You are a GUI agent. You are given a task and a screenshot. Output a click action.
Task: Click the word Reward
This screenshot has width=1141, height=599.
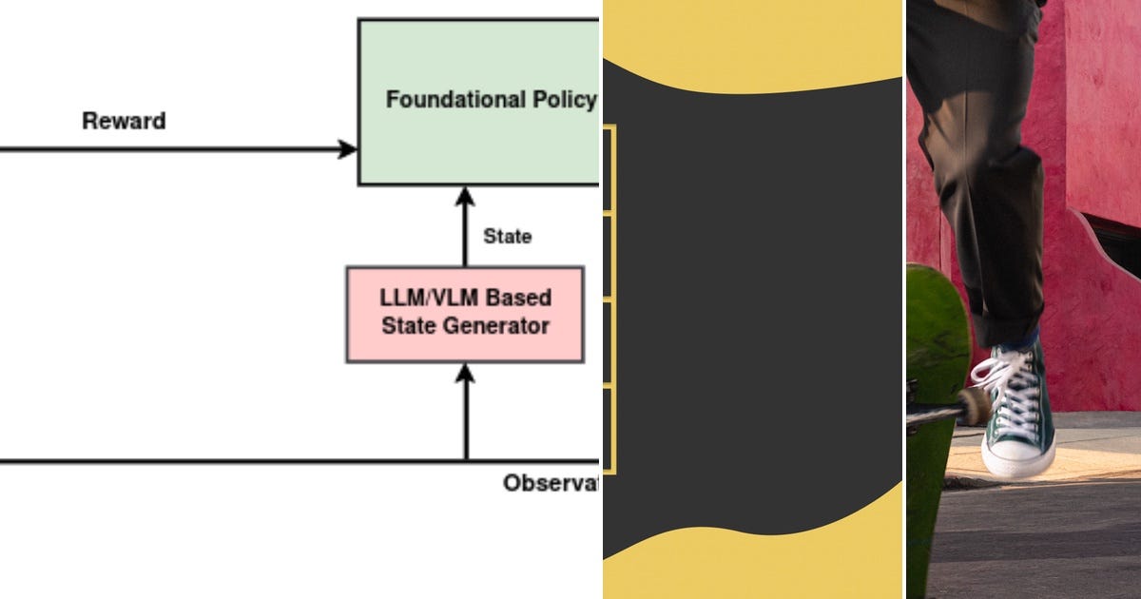point(124,122)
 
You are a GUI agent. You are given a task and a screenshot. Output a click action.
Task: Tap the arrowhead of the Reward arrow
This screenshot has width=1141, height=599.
point(349,149)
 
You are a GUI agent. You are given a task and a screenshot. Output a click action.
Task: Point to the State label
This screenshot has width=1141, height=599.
point(507,237)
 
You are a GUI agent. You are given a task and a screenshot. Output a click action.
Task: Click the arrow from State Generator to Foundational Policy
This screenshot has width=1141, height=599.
point(465,228)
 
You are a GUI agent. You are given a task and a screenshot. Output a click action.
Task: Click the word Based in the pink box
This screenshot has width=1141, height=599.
point(519,298)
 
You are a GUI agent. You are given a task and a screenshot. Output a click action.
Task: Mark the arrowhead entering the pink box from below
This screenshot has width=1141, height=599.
point(465,372)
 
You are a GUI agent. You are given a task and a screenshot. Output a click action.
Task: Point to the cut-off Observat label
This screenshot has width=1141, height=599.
point(551,483)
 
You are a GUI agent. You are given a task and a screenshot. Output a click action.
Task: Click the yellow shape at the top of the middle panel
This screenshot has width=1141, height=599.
point(751,38)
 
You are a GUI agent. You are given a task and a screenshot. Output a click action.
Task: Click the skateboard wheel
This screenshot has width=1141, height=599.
point(975,406)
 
